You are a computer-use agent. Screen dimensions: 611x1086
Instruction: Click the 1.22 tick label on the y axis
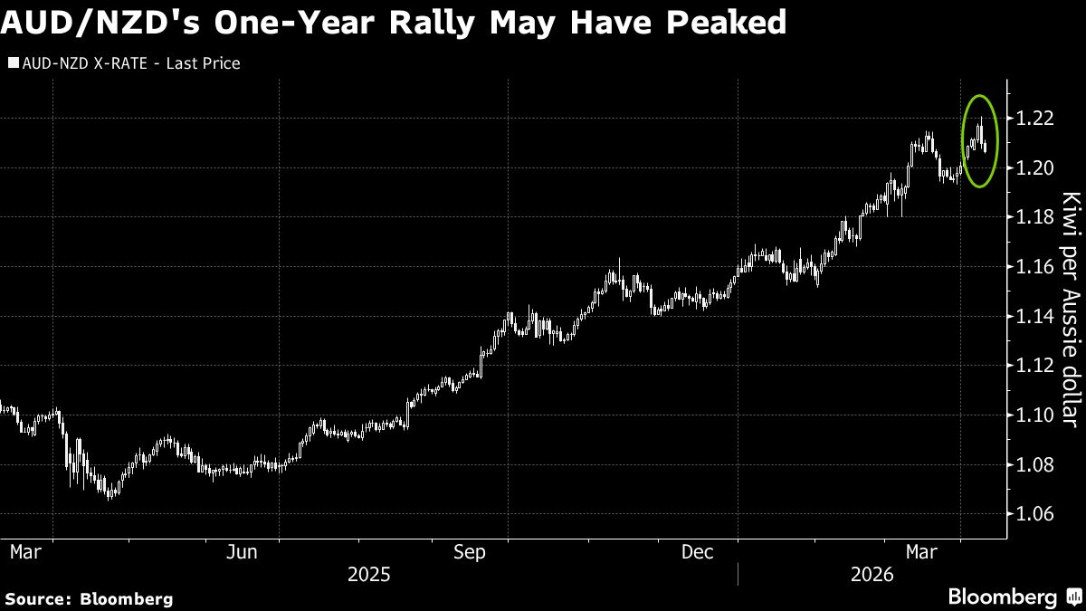[1034, 119]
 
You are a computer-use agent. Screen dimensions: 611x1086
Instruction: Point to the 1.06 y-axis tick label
[1034, 514]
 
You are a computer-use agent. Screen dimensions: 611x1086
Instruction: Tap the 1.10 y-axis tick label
[1034, 415]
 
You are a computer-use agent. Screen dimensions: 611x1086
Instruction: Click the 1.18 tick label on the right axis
[1034, 217]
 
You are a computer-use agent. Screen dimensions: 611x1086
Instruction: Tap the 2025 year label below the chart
[368, 574]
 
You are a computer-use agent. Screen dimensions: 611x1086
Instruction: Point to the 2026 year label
[872, 574]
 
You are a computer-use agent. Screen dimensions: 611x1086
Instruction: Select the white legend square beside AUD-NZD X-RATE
[13, 64]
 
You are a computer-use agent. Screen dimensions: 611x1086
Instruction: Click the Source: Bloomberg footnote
[89, 598]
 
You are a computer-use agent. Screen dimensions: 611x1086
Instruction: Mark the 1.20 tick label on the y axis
[1034, 168]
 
